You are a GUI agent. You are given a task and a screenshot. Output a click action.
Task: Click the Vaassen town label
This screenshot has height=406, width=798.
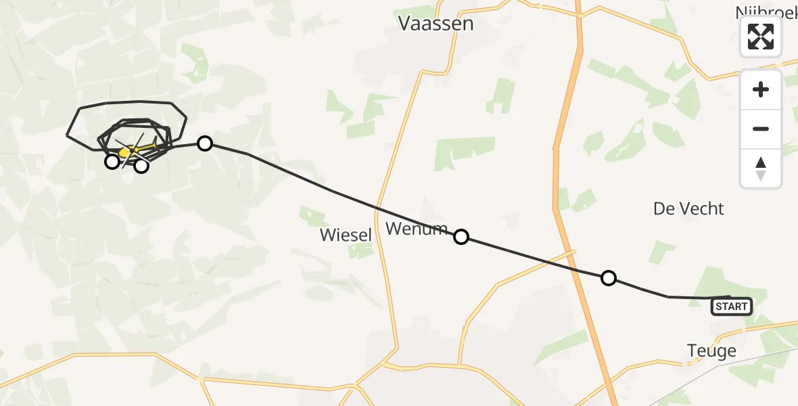[436, 24]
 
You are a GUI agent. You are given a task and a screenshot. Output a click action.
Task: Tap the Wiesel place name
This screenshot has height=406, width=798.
[346, 235]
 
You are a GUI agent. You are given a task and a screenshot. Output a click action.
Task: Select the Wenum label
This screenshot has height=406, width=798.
[417, 229]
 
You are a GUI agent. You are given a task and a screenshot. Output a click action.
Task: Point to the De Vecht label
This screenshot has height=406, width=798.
[688, 208]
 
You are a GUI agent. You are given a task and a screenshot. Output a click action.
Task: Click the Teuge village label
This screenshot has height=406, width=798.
[711, 351]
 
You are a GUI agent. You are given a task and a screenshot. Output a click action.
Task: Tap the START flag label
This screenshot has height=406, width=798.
[731, 307]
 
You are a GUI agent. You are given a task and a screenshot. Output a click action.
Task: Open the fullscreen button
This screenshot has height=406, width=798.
[761, 36]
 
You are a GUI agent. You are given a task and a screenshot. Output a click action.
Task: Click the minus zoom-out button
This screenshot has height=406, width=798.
[761, 129]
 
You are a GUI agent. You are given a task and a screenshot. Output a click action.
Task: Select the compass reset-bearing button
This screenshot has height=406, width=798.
[761, 168]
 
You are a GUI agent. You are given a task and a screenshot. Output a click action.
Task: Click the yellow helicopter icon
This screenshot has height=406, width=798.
[125, 153]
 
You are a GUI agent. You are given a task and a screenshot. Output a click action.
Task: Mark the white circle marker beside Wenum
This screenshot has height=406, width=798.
[461, 236]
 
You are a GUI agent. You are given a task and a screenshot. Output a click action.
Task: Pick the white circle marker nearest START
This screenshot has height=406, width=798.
[609, 277]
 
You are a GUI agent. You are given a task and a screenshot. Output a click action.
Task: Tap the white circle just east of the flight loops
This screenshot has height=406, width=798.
[205, 143]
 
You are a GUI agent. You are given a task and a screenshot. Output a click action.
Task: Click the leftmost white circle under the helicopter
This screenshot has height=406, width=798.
[112, 161]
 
